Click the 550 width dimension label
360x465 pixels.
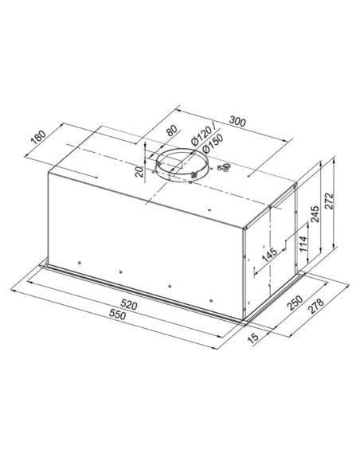coord(117,314)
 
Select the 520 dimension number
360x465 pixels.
coord(129,305)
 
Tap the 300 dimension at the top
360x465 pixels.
coord(238,121)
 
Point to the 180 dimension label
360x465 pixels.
coord(39,137)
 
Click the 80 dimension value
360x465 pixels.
coord(172,131)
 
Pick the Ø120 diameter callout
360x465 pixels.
coord(203,135)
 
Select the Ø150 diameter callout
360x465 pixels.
coord(213,143)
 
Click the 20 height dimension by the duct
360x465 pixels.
coord(139,172)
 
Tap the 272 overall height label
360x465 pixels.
coord(329,201)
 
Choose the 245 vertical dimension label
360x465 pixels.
coord(315,213)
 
